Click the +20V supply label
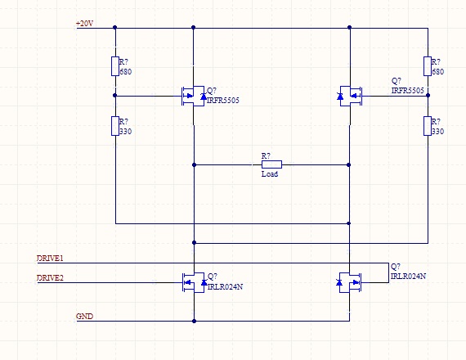click(x=85, y=23)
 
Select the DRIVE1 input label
click(x=50, y=259)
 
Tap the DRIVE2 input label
click(x=50, y=278)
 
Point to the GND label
click(x=85, y=317)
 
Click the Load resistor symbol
click(x=271, y=164)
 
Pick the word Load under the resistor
click(x=270, y=174)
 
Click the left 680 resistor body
click(x=115, y=66)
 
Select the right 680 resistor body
click(x=428, y=66)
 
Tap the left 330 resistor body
click(x=115, y=126)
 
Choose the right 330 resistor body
click(x=428, y=126)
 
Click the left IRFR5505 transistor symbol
click(x=193, y=96)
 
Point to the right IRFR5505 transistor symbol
click(x=350, y=96)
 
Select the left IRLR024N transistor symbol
click(x=194, y=282)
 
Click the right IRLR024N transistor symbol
click(x=350, y=282)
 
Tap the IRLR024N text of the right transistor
click(x=408, y=276)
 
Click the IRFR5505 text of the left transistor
click(x=223, y=101)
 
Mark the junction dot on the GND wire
click(x=194, y=321)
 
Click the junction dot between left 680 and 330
click(x=115, y=96)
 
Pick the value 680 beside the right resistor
click(x=437, y=72)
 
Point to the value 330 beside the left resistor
click(x=125, y=132)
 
